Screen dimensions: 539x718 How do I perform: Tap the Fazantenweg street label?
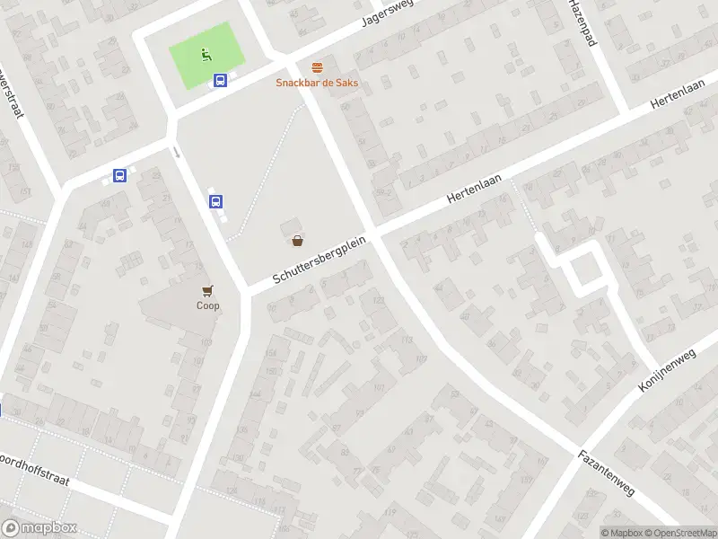(x=607, y=473)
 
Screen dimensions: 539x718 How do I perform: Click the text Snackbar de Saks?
(x=317, y=83)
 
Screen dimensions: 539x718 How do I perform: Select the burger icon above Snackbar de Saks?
(x=317, y=68)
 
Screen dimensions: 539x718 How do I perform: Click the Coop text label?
(x=208, y=305)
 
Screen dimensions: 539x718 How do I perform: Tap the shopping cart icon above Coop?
(x=208, y=290)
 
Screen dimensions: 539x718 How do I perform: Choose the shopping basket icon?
(x=297, y=241)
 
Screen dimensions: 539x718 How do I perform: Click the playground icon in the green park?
(x=206, y=54)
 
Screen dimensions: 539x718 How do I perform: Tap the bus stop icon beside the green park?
(x=220, y=80)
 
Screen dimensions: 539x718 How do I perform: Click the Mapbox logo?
(x=39, y=528)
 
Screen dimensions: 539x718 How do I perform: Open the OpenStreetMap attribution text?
(x=687, y=533)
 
